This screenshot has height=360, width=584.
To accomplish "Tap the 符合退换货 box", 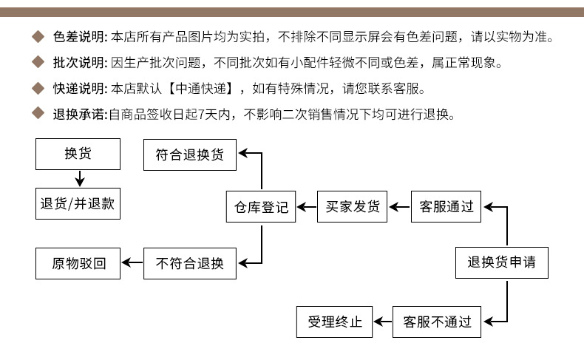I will (189, 154).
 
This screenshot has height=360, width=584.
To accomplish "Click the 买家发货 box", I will (353, 207).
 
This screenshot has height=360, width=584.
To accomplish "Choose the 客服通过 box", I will (447, 207).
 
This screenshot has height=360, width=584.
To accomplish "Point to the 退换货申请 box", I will (502, 262).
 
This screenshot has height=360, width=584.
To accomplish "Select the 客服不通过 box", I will (437, 322).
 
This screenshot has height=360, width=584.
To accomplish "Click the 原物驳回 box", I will (78, 262).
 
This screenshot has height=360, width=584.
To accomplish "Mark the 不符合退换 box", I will (189, 262).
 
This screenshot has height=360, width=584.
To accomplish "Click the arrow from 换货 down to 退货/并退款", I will (79, 178).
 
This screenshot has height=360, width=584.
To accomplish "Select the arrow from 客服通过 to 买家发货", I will (400, 207).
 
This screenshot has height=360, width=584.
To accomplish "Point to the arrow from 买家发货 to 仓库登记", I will (307, 207).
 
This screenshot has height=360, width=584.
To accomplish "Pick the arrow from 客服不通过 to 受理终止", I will (383, 322).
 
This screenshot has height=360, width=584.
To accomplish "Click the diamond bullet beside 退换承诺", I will (39, 114).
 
